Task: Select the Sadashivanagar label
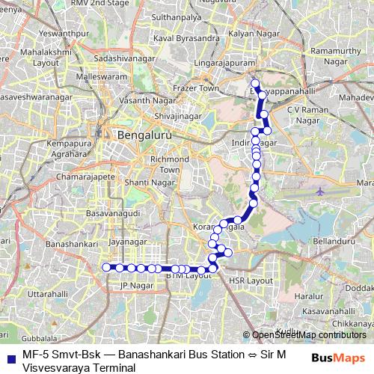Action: (121, 58)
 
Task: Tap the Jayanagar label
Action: (124, 242)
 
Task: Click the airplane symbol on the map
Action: (320, 191)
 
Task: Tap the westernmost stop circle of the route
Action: (105, 267)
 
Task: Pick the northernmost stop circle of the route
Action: (255, 84)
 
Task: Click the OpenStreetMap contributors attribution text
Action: (308, 335)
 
